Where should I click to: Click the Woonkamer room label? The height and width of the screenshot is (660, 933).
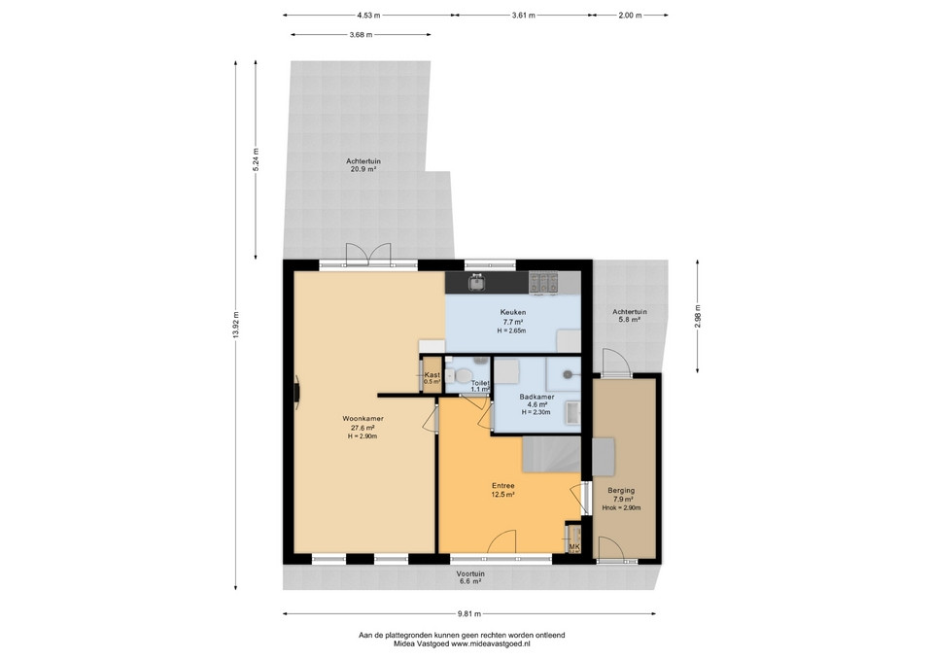pos(363,418)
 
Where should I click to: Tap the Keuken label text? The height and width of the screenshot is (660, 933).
pos(512,312)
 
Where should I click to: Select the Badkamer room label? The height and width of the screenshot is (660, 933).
pos(536,397)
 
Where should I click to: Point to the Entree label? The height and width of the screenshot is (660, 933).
pos(502,486)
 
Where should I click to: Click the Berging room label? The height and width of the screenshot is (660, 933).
pos(621,491)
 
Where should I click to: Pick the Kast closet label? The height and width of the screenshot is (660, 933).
pos(432,375)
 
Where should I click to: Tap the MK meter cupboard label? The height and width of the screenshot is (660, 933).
pos(573,547)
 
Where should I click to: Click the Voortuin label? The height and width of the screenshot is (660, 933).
pos(470,573)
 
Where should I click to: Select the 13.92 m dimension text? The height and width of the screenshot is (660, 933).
pos(236,325)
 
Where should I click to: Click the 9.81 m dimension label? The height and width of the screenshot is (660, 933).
pos(468,613)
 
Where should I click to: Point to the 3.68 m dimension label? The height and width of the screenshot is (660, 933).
pos(361,35)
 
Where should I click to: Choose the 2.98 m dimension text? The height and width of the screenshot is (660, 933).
pos(698,316)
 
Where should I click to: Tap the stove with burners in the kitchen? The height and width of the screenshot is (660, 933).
pos(544,283)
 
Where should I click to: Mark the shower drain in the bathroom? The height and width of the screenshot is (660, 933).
pos(568,374)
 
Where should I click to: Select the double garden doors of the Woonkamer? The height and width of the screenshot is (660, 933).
pos(368,254)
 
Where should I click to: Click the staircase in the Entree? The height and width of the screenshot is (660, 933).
pos(552,454)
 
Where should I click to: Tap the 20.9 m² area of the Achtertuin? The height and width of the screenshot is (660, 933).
pos(363,169)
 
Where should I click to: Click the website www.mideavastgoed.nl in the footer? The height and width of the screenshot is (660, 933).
pos(491,643)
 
